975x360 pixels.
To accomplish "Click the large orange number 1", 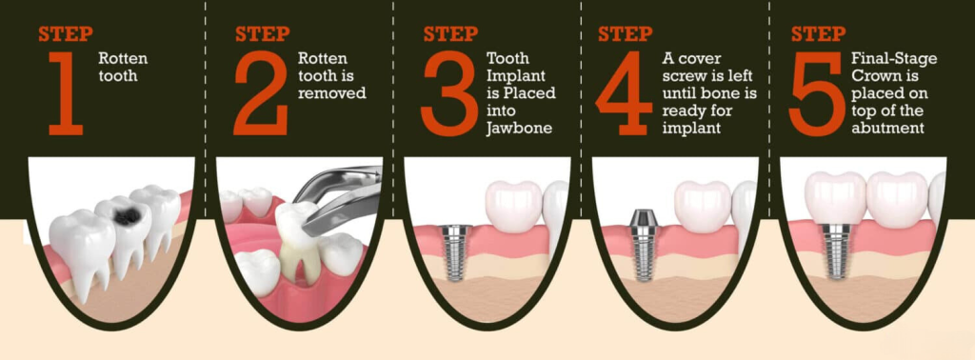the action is [67, 93].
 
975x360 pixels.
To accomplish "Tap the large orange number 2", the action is [261, 93].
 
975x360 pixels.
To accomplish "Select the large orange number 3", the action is [448, 93].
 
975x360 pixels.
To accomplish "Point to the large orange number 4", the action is [625, 93].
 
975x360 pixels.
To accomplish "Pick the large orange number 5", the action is [816, 93].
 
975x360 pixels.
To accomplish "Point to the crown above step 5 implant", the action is [835, 197].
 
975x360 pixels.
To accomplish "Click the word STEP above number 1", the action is [66, 33].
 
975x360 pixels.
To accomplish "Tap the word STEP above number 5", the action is [818, 33].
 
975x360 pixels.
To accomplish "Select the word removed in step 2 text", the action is [332, 94].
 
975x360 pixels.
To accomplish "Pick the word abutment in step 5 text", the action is [887, 130].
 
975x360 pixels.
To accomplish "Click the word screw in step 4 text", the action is [682, 76].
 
